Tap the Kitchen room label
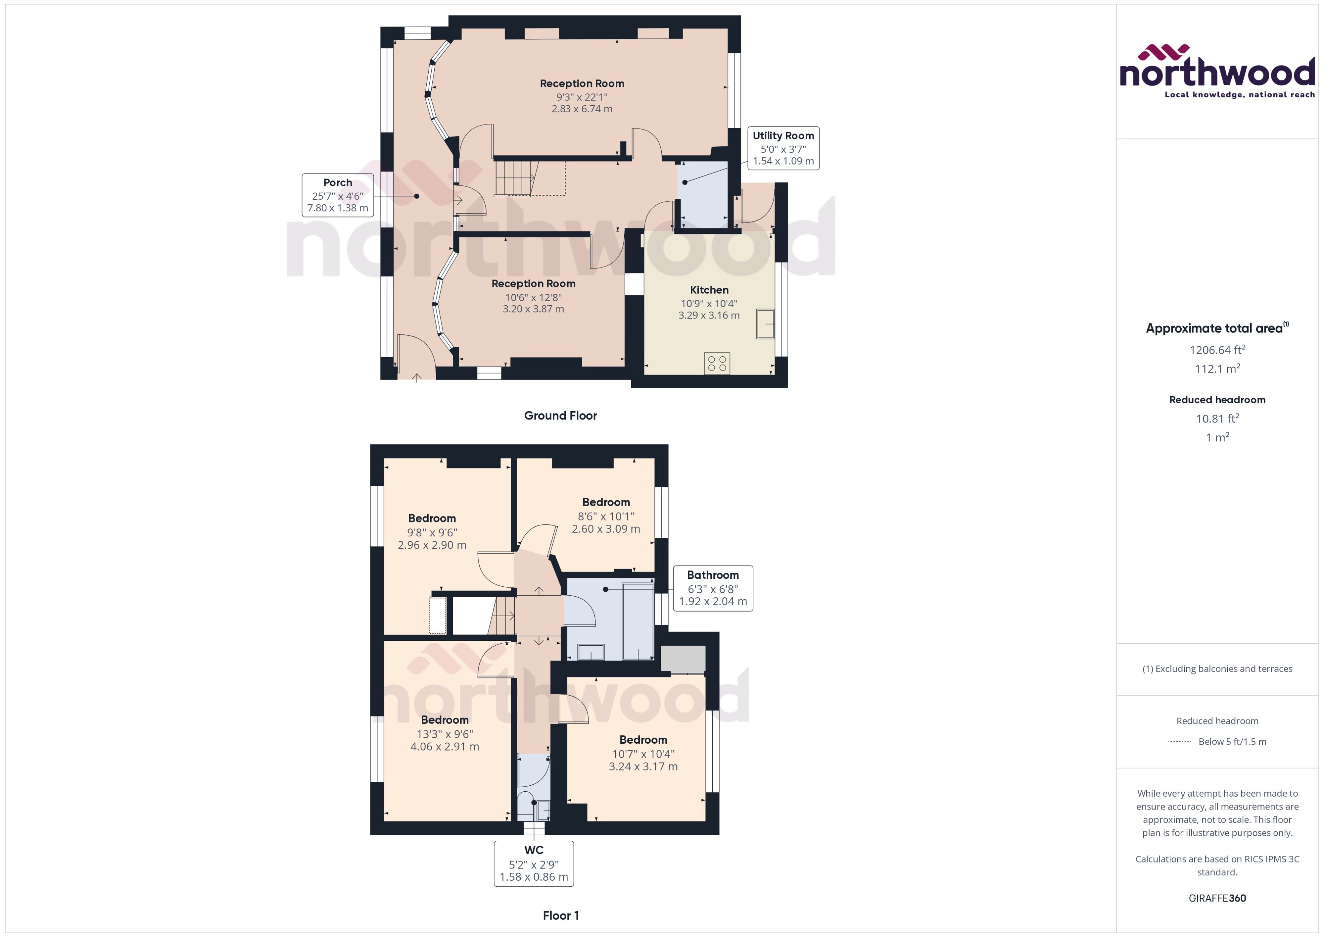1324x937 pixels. [709, 290]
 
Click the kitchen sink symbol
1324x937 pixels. [766, 324]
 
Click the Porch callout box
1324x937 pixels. [337, 195]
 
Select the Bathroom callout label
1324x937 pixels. [712, 588]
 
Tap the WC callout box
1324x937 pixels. [534, 863]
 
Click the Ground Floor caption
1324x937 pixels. [560, 415]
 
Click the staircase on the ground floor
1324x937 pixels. [515, 178]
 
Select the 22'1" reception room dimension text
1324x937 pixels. [581, 97]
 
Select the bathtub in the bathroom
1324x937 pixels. [638, 622]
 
